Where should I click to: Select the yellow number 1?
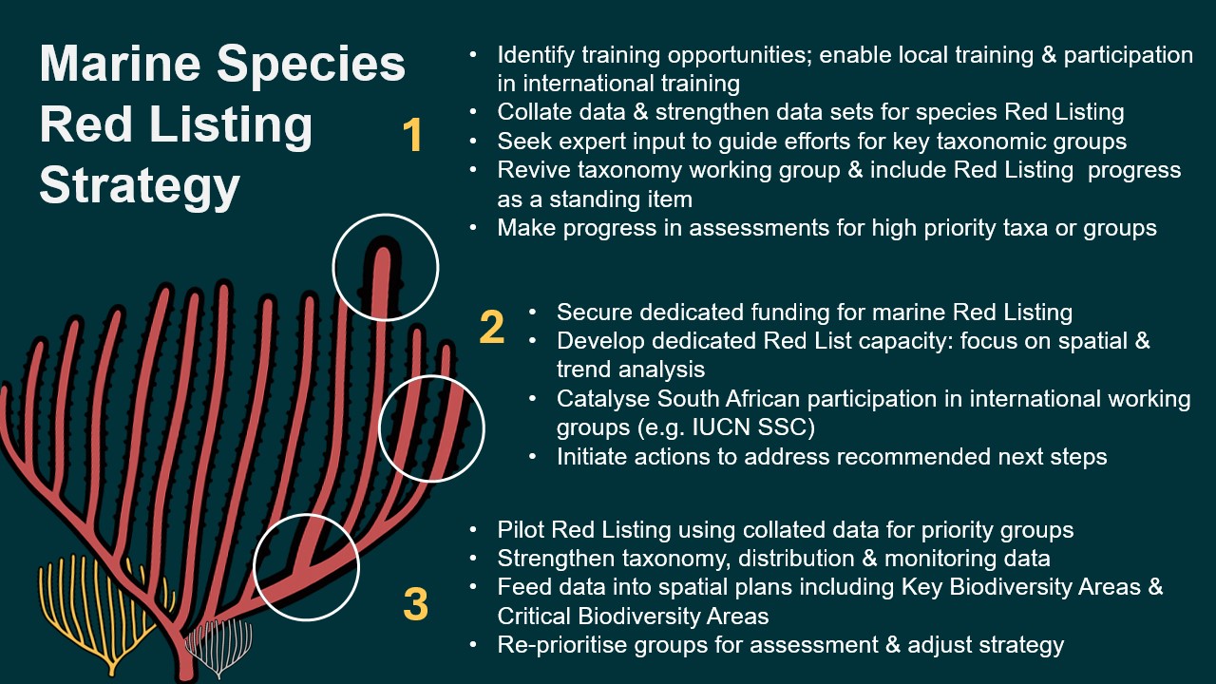[x=412, y=135]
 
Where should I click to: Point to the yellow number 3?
[x=416, y=603]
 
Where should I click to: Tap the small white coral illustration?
[x=218, y=647]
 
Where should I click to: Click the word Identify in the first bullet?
[x=536, y=55]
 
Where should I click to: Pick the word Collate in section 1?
[x=534, y=112]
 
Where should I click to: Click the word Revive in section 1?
[x=534, y=170]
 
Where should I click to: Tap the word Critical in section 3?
[x=534, y=617]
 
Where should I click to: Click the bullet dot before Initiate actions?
[x=533, y=457]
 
